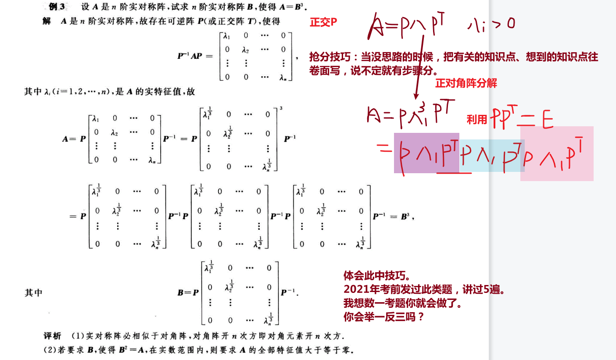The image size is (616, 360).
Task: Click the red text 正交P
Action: coord(323,23)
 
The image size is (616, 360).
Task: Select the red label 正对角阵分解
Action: coord(466,83)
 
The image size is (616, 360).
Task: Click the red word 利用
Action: coord(477,119)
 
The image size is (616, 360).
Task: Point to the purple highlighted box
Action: coord(426,153)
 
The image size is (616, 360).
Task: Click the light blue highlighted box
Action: coord(491,156)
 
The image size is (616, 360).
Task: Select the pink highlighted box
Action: coord(557,153)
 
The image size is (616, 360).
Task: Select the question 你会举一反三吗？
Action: coord(384,317)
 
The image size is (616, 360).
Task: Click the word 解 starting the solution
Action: coord(47,21)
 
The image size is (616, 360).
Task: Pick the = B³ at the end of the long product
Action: coord(398,217)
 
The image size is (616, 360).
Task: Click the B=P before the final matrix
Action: coord(188,292)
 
